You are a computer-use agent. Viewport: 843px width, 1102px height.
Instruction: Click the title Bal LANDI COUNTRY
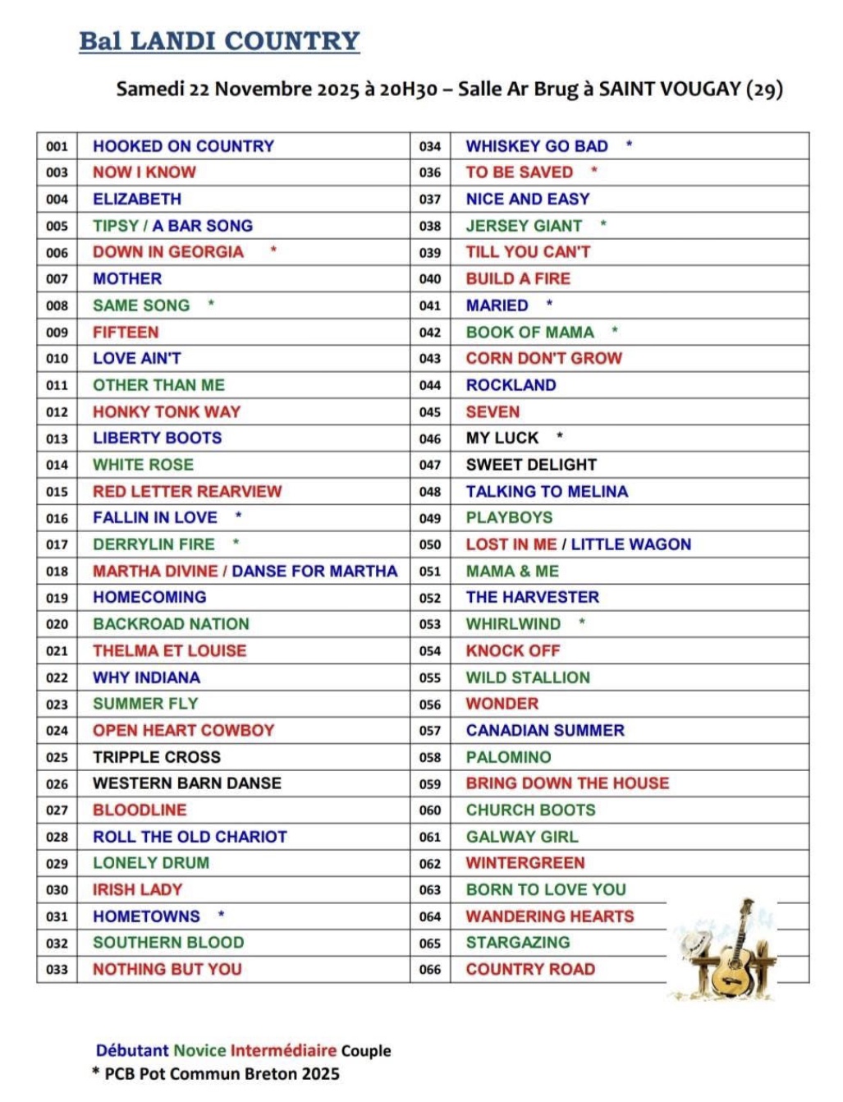[x=219, y=41]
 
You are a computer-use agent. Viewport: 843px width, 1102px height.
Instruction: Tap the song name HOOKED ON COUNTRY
[x=183, y=146]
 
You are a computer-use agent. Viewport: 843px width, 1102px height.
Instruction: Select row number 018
[x=57, y=572]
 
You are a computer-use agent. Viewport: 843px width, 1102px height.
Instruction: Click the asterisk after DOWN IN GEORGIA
[x=273, y=250]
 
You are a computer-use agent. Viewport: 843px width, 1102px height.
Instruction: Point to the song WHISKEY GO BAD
[x=537, y=146]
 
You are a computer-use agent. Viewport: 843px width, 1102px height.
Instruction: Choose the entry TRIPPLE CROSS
[x=156, y=757]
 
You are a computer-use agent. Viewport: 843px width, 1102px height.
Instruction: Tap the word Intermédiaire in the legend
[x=283, y=1050]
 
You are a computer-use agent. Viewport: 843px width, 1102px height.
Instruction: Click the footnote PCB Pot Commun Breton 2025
[x=222, y=1073]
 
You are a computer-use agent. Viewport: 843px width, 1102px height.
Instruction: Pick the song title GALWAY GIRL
[x=522, y=837]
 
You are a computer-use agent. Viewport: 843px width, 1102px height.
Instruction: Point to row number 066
[x=430, y=970]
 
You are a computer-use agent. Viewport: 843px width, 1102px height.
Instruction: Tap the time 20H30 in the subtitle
[x=409, y=89]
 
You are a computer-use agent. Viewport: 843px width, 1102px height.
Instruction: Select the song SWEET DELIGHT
[x=531, y=465]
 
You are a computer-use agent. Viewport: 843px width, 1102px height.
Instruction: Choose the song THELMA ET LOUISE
[x=169, y=651]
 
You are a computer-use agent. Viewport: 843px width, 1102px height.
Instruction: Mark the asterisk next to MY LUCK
[x=560, y=436]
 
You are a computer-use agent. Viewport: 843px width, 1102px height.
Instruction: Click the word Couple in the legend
[x=366, y=1050]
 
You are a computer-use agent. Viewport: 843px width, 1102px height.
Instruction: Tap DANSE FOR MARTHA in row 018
[x=314, y=572]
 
